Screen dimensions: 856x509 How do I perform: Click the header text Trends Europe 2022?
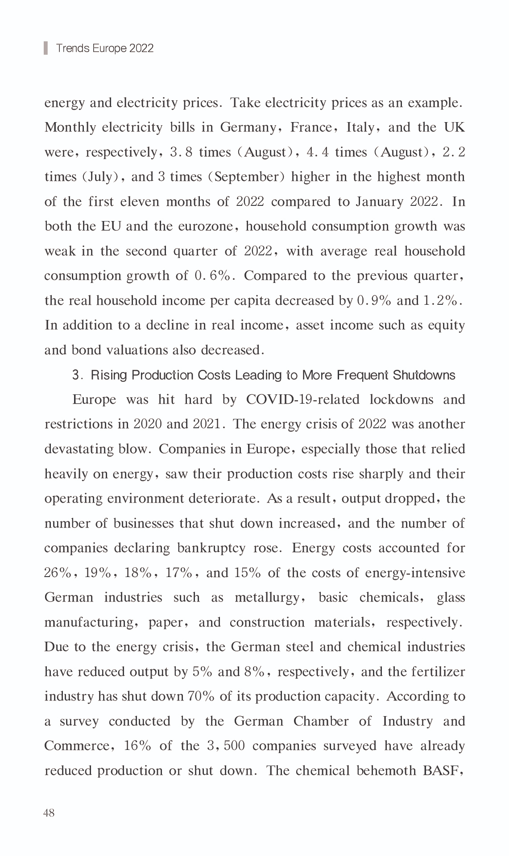[105, 48]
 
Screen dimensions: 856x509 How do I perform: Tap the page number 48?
[49, 813]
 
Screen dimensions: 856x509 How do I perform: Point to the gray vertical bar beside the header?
[46, 48]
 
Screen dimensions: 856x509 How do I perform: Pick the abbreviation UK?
[454, 128]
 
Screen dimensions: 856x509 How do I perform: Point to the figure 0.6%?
[212, 276]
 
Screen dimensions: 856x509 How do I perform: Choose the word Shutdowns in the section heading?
[424, 375]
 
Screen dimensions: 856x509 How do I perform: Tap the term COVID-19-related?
[302, 399]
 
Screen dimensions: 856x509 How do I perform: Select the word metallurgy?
[268, 598]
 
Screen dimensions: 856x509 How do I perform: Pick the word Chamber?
[321, 721]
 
